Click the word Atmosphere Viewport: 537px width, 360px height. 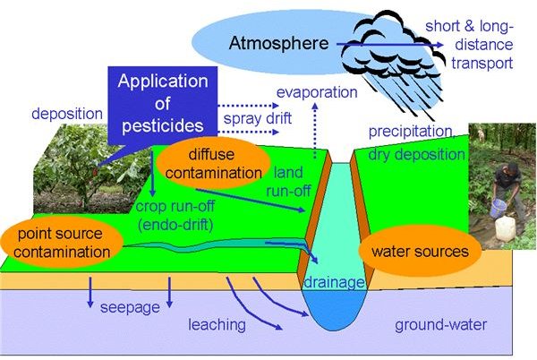pos(278,44)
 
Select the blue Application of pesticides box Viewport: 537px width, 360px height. pos(163,105)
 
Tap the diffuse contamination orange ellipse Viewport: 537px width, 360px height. pos(213,163)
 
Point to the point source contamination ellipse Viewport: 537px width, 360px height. pos(62,243)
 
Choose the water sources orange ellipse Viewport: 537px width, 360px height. pos(420,251)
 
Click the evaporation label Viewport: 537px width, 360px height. pos(317,92)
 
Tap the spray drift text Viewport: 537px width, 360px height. pos(258,118)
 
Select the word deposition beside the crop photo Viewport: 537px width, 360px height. pos(67,114)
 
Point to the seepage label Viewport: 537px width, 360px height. pos(130,307)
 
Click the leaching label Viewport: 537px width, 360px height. pos(217,324)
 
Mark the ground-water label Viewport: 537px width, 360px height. pos(440,325)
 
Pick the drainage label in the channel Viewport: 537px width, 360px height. pos(334,282)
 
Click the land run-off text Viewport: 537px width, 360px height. pos(288,182)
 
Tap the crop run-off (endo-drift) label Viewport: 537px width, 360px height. pos(175,216)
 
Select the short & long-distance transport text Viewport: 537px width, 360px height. pos(469,45)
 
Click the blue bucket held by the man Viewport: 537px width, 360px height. pos(498,208)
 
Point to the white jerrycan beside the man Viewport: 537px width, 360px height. pos(505,228)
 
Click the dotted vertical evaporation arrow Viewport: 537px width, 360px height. pos(315,131)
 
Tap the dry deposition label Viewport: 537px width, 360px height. pos(416,155)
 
